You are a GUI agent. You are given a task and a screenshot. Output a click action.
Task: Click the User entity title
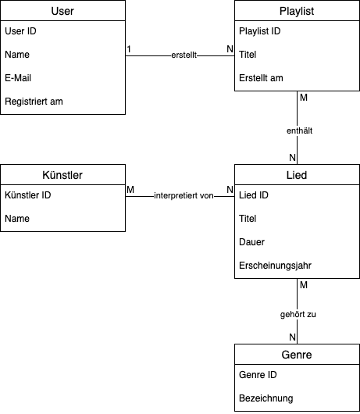(62, 11)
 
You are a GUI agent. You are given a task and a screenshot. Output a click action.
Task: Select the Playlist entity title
(297, 11)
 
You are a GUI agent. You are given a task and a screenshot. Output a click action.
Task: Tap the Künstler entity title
(62, 175)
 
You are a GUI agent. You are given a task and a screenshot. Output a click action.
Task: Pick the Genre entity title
(297, 355)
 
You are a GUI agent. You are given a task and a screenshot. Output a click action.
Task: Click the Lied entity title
(297, 175)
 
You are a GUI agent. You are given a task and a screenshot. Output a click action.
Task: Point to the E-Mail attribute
(18, 78)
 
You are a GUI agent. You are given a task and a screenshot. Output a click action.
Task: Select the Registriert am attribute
(34, 102)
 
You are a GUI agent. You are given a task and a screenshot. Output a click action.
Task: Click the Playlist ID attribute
(260, 31)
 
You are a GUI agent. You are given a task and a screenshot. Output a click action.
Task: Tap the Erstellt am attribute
(261, 78)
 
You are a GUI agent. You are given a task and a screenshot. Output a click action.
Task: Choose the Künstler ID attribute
(27, 195)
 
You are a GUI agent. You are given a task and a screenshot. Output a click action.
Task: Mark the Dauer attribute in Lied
(251, 242)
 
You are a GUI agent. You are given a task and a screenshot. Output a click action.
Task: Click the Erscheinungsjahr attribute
(276, 266)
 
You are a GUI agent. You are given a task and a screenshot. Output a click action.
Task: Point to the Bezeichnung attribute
(266, 398)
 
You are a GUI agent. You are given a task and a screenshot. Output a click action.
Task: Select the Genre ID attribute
(258, 375)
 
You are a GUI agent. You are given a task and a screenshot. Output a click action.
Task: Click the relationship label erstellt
(184, 55)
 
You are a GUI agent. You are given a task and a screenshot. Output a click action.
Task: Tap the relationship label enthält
(300, 130)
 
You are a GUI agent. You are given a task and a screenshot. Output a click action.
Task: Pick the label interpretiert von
(184, 195)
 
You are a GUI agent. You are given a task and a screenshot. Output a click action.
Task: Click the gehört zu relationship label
(298, 314)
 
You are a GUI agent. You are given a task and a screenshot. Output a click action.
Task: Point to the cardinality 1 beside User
(129, 49)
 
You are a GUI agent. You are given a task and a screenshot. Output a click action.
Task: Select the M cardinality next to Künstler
(130, 190)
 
